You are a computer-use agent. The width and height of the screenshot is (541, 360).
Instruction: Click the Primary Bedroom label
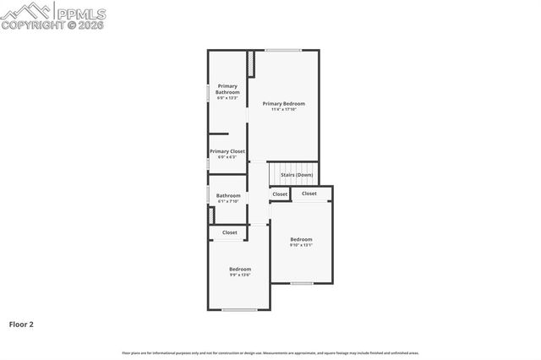pyautogui.click(x=283, y=103)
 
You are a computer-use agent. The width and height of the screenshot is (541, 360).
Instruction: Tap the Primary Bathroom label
pyautogui.click(x=227, y=89)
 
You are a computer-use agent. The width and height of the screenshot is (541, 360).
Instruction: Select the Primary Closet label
pyautogui.click(x=227, y=151)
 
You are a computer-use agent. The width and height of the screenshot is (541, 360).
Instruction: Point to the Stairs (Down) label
pyautogui.click(x=297, y=175)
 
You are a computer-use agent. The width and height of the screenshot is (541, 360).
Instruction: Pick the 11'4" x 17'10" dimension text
pyautogui.click(x=283, y=109)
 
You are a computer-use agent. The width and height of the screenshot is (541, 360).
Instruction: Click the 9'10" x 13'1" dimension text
pyautogui.click(x=301, y=245)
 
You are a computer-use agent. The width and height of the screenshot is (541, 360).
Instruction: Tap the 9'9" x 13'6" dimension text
pyautogui.click(x=240, y=275)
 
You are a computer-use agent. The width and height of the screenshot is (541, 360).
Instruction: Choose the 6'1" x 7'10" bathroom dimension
pyautogui.click(x=228, y=201)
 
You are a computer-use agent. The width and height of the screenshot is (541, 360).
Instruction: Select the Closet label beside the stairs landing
pyautogui.click(x=280, y=194)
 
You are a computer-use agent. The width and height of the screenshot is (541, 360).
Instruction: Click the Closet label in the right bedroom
pyautogui.click(x=309, y=194)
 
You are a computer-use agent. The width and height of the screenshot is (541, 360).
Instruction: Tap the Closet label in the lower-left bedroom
pyautogui.click(x=229, y=232)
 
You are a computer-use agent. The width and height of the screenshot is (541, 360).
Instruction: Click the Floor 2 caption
pyautogui.click(x=21, y=324)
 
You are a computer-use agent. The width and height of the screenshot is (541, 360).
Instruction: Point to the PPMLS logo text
pyautogui.click(x=81, y=13)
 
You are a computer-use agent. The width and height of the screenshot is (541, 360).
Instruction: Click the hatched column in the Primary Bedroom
pyautogui.click(x=250, y=63)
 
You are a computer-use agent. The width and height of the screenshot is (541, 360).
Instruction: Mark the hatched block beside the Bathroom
pyautogui.click(x=211, y=215)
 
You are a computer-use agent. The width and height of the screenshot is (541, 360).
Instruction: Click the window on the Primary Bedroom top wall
pyautogui.click(x=283, y=50)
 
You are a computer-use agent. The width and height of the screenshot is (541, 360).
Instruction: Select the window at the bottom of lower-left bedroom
pyautogui.click(x=239, y=309)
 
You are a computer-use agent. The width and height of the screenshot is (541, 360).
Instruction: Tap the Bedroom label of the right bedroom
pyautogui.click(x=301, y=239)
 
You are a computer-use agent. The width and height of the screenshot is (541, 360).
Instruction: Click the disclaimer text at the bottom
pyautogui.click(x=270, y=353)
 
